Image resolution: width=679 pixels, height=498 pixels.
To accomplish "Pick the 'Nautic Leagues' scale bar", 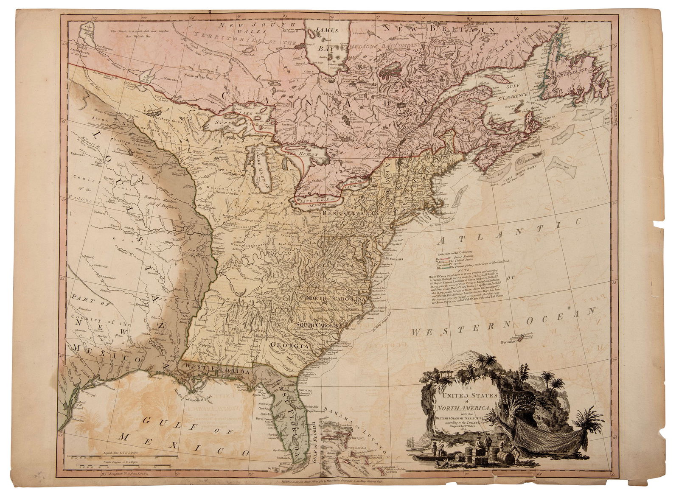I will (127, 466).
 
